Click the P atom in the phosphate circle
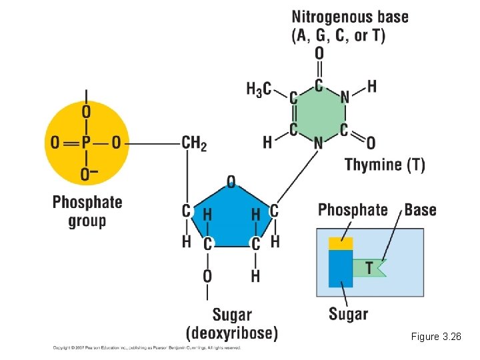[x=85, y=142]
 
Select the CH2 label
[x=194, y=142]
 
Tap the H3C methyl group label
[x=259, y=89]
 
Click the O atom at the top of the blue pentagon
[x=231, y=181]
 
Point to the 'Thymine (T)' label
[x=385, y=165]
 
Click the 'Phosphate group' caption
[x=87, y=211]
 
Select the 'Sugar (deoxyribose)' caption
[x=231, y=323]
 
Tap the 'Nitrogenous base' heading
[x=350, y=17]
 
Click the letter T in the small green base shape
[x=369, y=267]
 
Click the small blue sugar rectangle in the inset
[x=341, y=269]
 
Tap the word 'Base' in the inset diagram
[x=420, y=210]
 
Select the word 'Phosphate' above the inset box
[x=353, y=210]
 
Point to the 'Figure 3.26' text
[x=436, y=337]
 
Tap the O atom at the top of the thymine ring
[x=319, y=53]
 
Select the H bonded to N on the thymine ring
[x=371, y=87]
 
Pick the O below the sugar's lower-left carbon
[x=207, y=275]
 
